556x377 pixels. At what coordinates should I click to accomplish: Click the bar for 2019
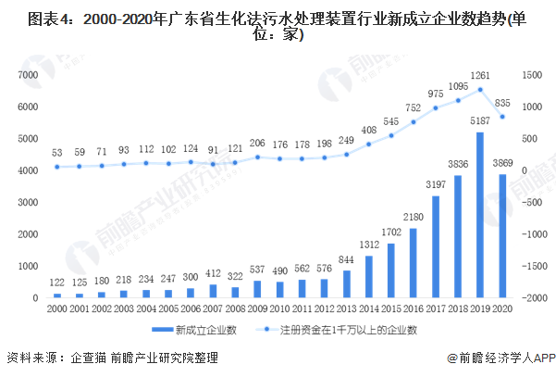[480, 215]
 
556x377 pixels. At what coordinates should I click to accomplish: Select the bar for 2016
[413, 263]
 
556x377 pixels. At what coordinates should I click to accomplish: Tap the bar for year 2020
[503, 236]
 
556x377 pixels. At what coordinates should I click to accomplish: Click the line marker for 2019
[480, 90]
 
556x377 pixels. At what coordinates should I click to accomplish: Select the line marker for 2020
[502, 117]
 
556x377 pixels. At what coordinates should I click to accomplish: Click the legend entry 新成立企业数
[202, 329]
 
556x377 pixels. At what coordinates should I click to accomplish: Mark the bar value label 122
[57, 282]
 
